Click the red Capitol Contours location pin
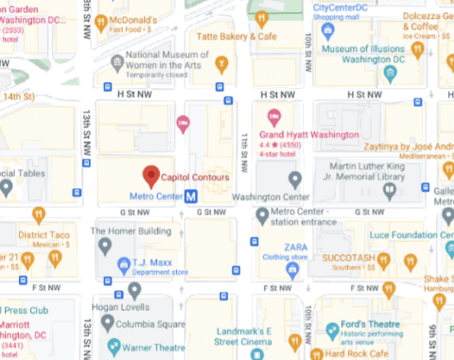[149, 175]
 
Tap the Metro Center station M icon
[191, 197]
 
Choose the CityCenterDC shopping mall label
[350, 9]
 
